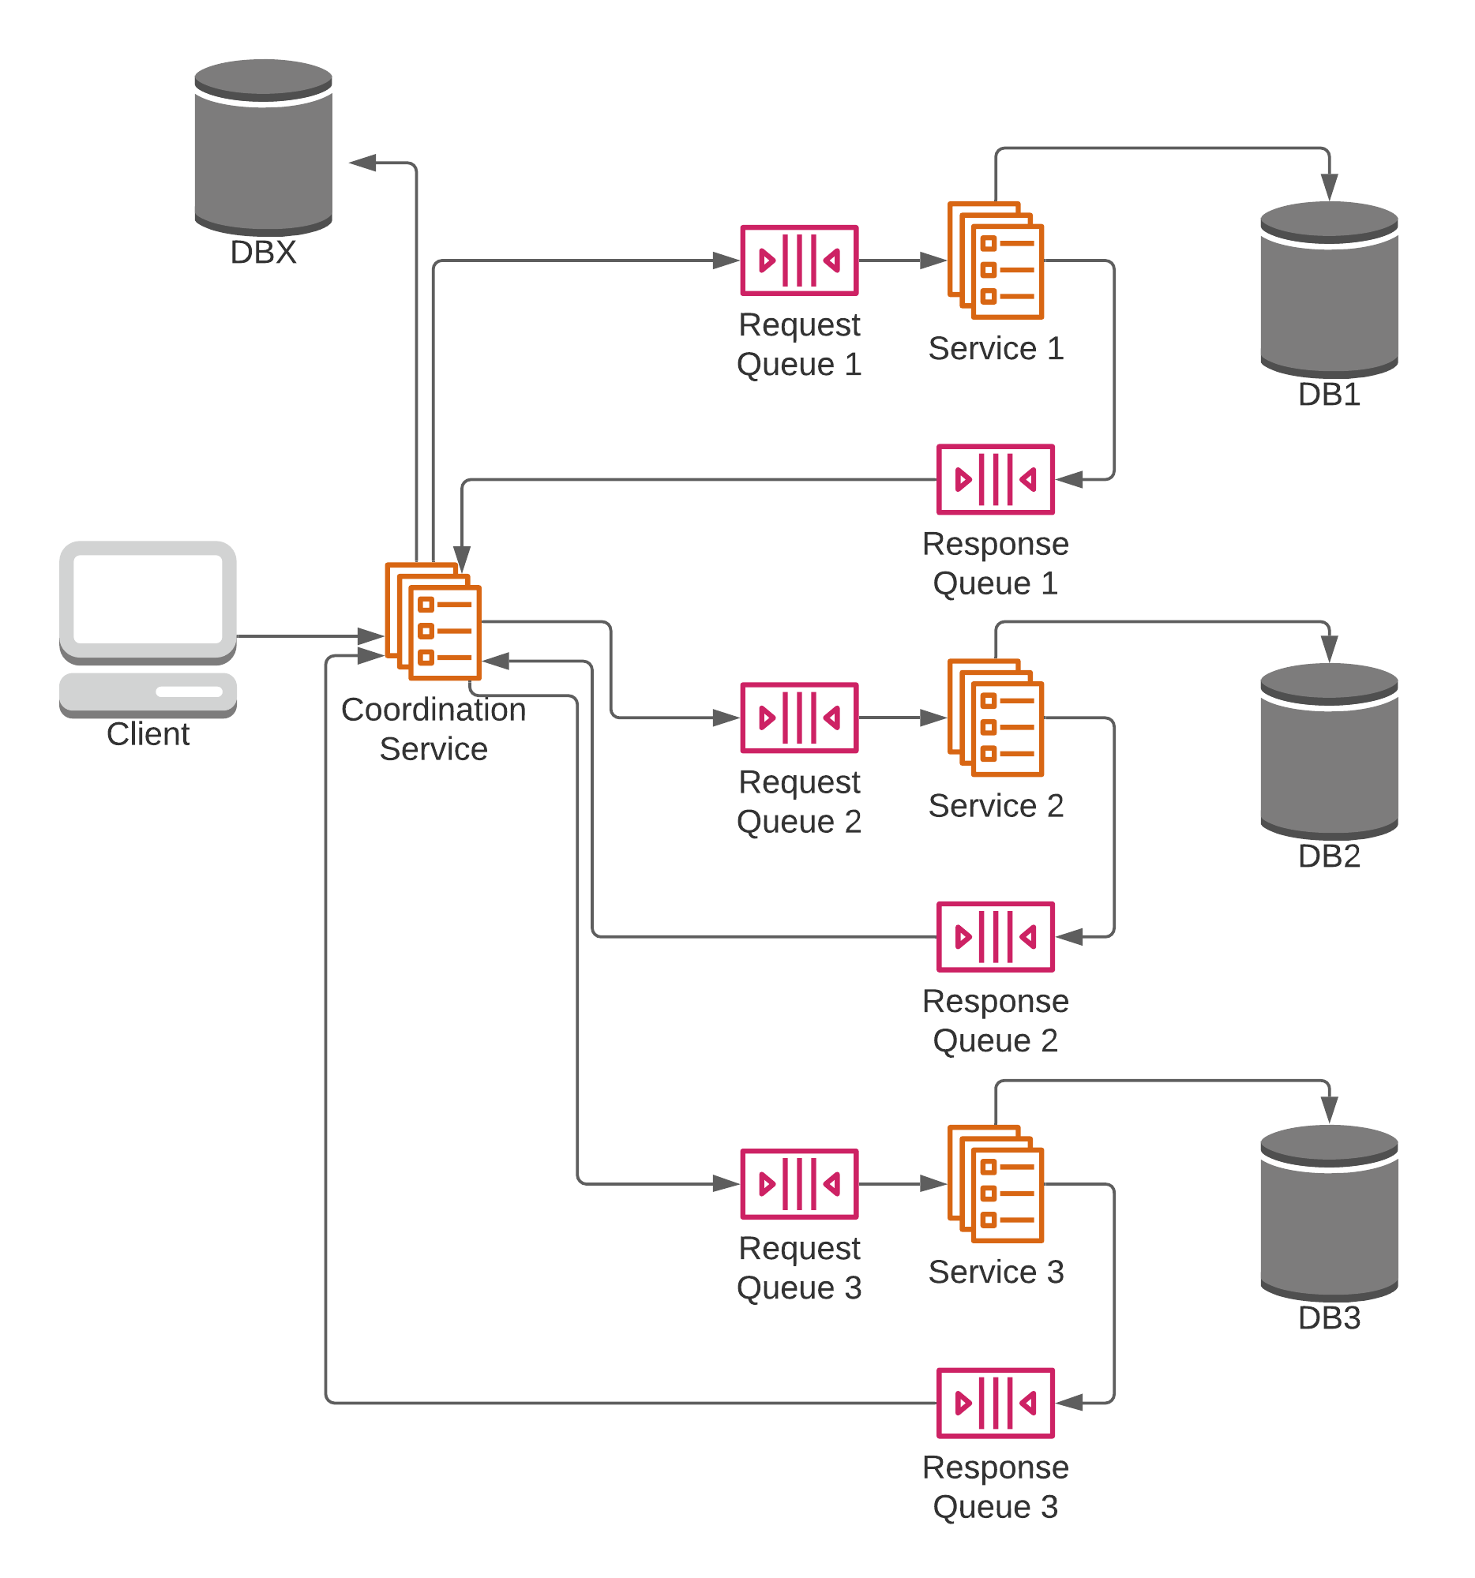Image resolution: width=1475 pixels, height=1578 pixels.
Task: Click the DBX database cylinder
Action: (x=263, y=147)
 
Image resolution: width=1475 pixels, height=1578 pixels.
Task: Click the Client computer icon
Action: (x=148, y=628)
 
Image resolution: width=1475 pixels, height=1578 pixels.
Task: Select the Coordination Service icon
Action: (x=433, y=620)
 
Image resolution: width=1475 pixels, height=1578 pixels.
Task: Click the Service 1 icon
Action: (x=995, y=261)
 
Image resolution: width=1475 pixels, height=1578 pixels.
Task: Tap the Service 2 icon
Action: (x=995, y=718)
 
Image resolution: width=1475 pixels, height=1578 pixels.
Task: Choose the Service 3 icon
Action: (x=995, y=1183)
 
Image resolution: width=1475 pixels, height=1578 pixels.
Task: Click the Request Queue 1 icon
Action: (x=798, y=261)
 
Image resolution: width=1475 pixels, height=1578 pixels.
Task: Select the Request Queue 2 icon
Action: (x=798, y=718)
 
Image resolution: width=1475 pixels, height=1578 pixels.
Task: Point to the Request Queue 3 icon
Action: (x=798, y=1183)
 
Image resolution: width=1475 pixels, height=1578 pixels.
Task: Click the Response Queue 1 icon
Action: (x=995, y=479)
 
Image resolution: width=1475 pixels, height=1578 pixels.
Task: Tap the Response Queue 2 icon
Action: (x=995, y=937)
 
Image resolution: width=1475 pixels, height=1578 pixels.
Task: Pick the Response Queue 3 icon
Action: (x=995, y=1403)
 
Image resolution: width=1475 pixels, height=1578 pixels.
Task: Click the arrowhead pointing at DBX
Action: (x=362, y=163)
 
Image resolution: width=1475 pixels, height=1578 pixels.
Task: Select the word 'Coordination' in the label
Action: (x=433, y=710)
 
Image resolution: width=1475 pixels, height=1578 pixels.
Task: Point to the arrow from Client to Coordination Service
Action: (x=310, y=635)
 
